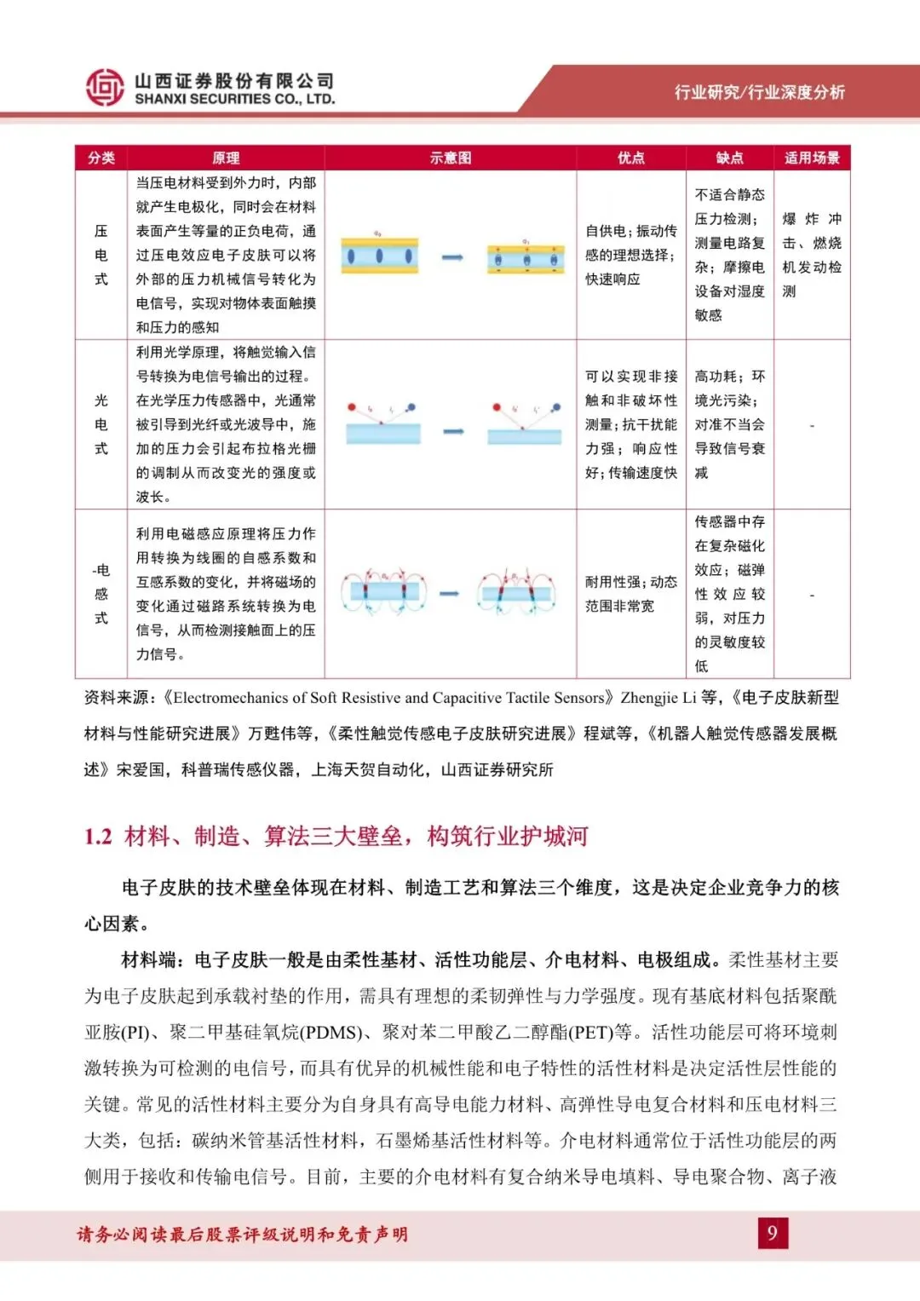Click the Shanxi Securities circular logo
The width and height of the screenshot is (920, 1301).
point(105,88)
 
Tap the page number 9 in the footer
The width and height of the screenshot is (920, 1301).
point(773,1233)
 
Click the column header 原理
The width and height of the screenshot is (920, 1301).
point(226,158)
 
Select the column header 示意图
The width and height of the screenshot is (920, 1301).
point(451,158)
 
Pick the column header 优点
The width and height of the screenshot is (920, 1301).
point(631,158)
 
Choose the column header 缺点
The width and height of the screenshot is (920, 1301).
point(730,158)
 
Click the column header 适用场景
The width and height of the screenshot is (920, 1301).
point(812,158)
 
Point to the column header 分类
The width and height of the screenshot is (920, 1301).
point(101,158)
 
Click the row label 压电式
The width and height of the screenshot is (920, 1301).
point(101,255)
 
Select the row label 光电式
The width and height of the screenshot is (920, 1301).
point(101,424)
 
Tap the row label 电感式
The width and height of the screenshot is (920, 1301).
point(101,594)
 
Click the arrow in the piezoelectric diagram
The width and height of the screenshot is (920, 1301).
point(452,257)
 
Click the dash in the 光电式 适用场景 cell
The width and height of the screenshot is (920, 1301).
point(812,424)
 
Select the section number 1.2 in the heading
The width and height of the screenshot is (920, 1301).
point(98,837)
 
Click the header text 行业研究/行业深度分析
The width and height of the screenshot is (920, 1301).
point(759,92)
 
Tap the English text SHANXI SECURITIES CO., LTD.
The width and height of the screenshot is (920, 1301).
point(234,100)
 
